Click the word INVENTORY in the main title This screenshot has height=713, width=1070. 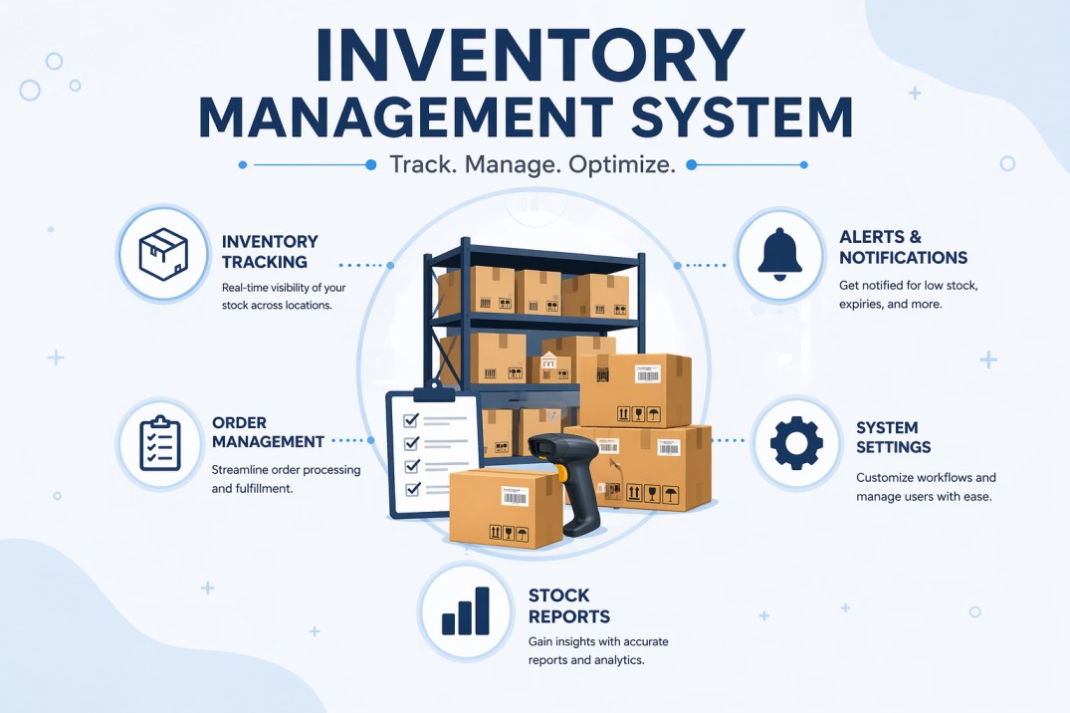[x=530, y=56]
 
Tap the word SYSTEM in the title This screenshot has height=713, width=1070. [x=743, y=118]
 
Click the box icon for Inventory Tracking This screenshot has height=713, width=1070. [x=163, y=253]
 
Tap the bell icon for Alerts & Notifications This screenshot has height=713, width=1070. [x=779, y=254]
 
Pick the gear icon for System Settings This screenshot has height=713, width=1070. [x=796, y=442]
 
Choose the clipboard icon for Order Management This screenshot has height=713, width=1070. [x=160, y=443]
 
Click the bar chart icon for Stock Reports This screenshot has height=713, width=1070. [x=466, y=611]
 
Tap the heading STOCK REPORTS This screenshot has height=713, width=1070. [x=569, y=605]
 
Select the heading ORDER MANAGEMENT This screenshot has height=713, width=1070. [x=268, y=432]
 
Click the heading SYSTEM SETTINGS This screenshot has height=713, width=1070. [x=893, y=437]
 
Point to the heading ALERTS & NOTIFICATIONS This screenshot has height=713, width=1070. [x=904, y=247]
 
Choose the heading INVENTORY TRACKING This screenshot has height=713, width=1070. [x=270, y=251]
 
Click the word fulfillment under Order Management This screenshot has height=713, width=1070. [x=264, y=488]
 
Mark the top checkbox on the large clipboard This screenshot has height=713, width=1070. [x=411, y=420]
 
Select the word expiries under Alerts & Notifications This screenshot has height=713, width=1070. [x=861, y=304]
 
